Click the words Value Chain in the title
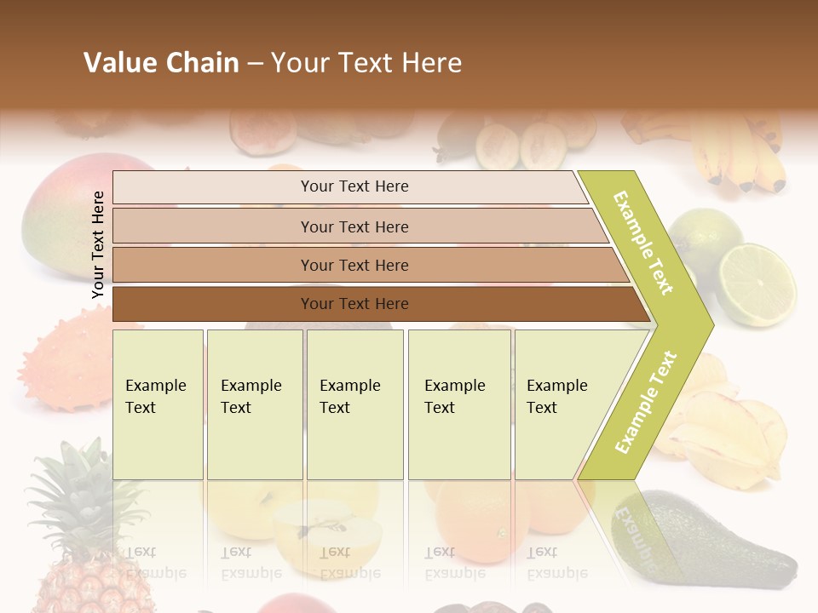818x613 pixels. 161,63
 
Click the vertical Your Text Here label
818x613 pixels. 98,245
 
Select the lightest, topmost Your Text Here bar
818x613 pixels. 354,186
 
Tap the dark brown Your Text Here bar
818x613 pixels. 354,304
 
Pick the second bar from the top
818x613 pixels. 354,226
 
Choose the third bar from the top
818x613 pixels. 354,266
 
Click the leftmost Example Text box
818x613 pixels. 158,404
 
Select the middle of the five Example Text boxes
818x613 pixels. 354,404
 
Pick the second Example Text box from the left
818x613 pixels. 254,404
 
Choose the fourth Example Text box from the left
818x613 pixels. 459,404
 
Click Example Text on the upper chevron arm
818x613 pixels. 644,243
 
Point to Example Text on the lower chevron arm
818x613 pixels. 646,402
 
